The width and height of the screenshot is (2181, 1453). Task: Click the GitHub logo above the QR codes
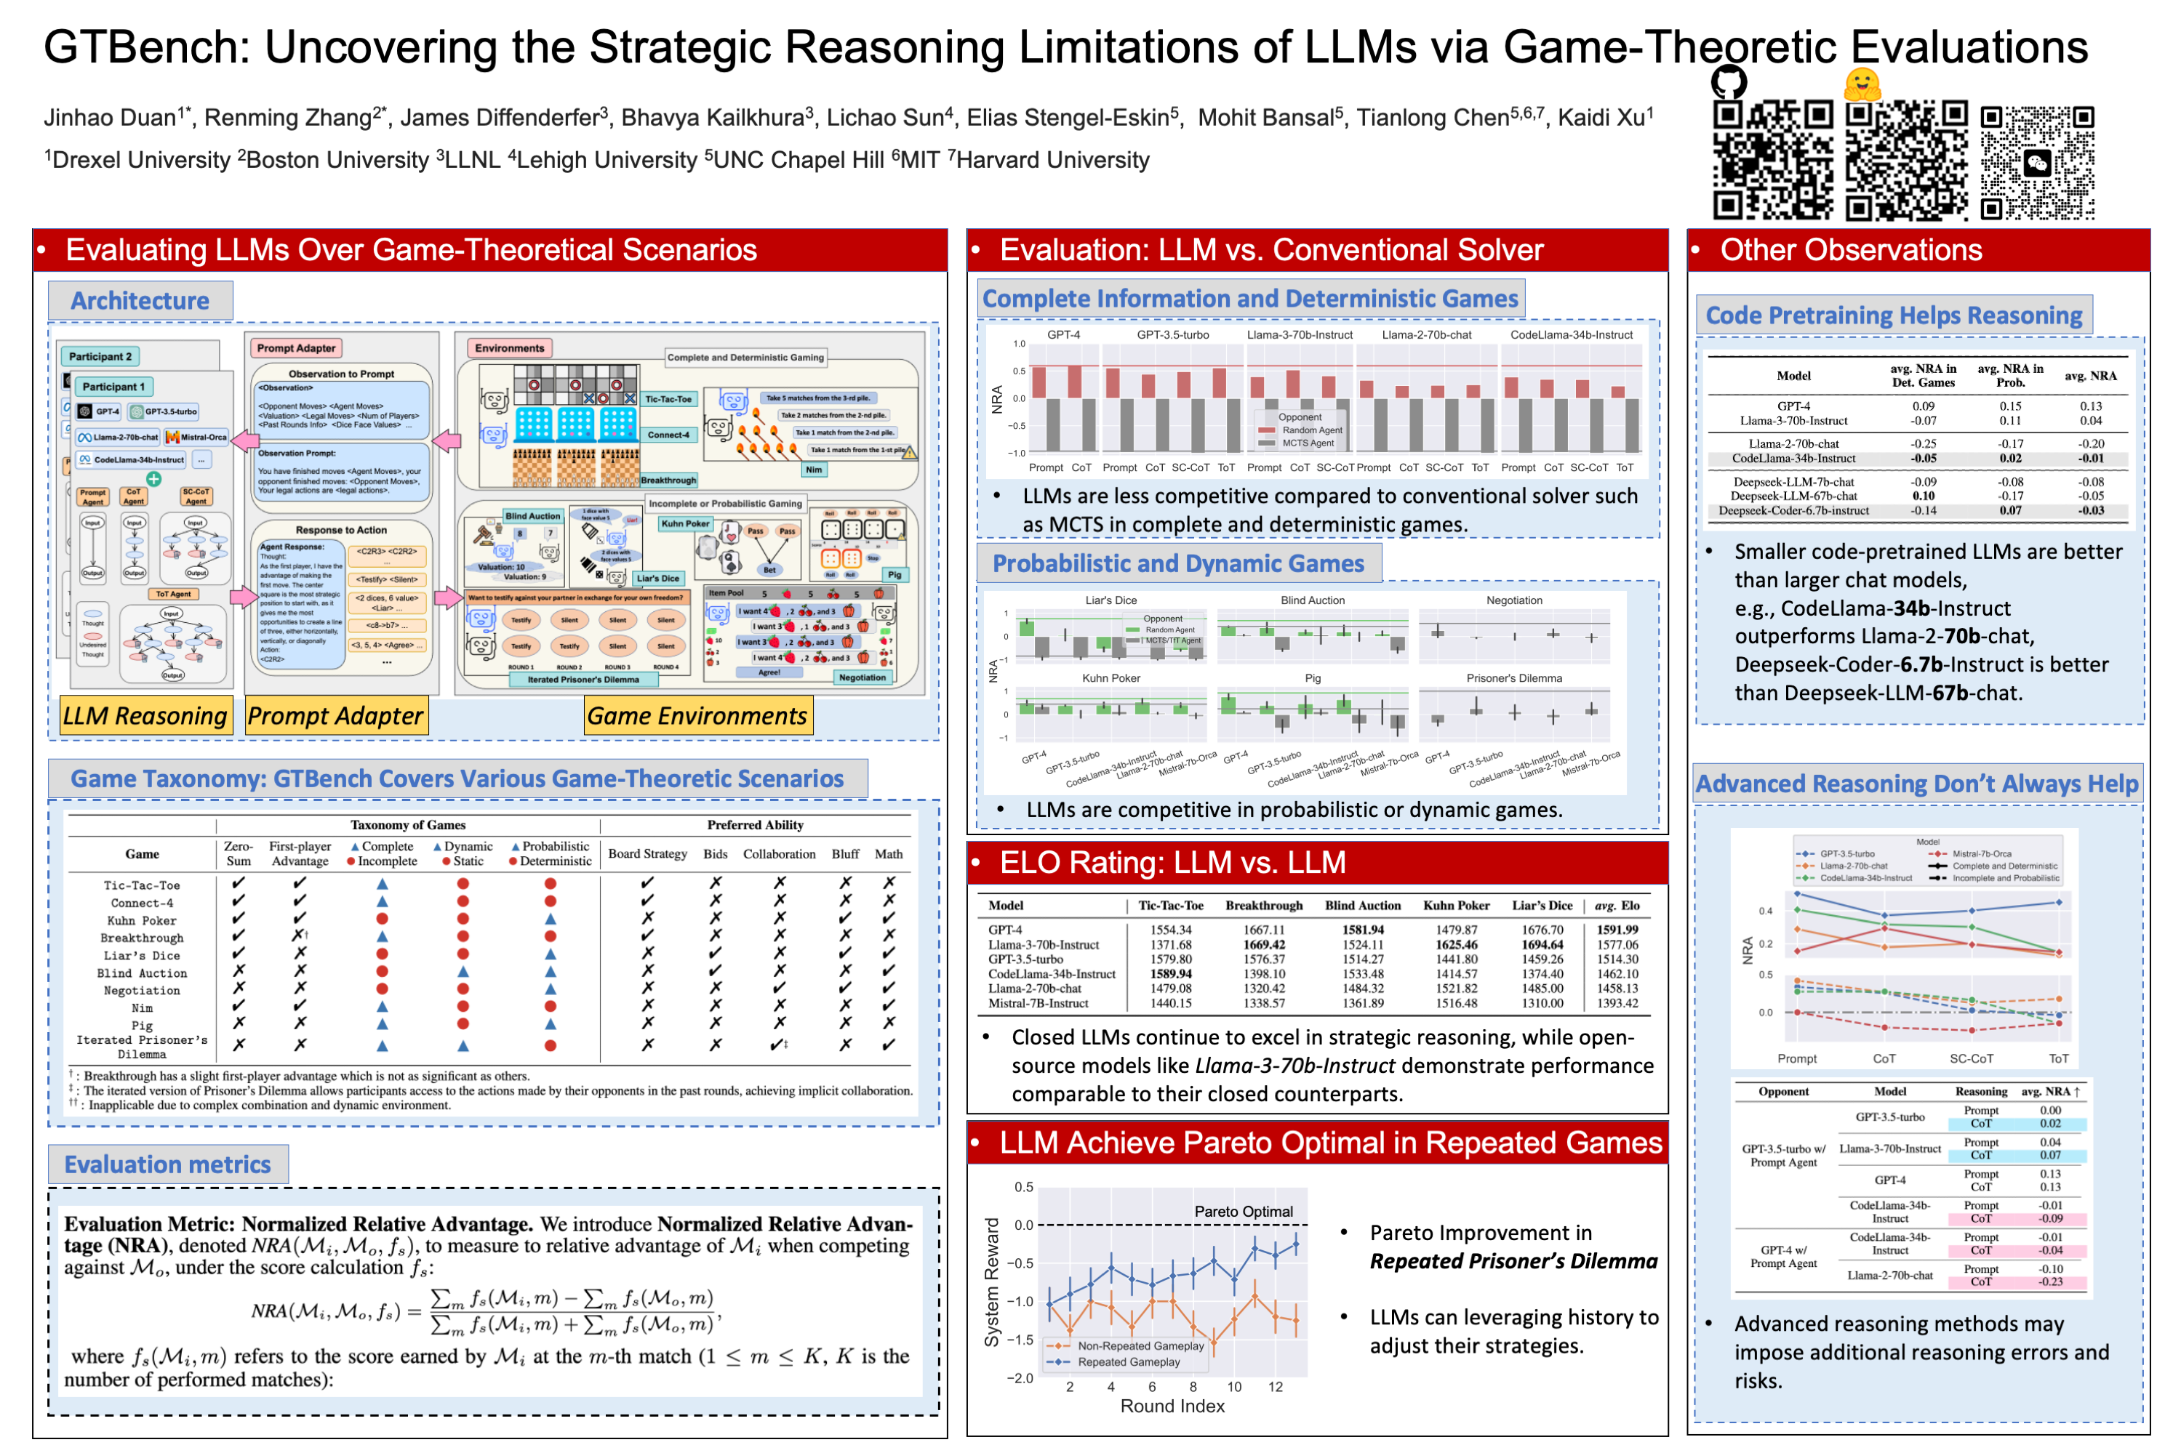tap(1728, 82)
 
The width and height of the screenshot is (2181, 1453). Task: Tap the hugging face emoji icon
tap(1861, 85)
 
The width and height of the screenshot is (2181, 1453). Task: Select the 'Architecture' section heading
tap(140, 301)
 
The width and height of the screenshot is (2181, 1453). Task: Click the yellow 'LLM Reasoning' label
tap(145, 715)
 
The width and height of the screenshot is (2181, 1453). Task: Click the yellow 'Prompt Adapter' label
tap(335, 715)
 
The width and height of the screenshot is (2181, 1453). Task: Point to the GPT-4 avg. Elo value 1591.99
tap(1617, 930)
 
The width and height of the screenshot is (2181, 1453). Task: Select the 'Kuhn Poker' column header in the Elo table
tap(1456, 906)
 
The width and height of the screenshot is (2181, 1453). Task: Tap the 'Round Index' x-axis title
tap(1172, 1406)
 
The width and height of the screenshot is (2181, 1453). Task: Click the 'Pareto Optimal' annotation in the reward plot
tap(1243, 1211)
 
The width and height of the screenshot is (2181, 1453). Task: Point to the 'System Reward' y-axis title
tap(992, 1281)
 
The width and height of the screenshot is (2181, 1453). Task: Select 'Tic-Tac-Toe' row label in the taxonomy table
tap(142, 885)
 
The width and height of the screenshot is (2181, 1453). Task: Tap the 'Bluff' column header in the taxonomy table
tap(844, 853)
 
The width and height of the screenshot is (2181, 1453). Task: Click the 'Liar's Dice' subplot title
tap(1110, 600)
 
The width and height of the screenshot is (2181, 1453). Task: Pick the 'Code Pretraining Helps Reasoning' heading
tap(1894, 316)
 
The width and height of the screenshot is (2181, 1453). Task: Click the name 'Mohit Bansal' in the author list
tap(1265, 118)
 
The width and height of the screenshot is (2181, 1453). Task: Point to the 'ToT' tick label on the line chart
tap(2057, 1058)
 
